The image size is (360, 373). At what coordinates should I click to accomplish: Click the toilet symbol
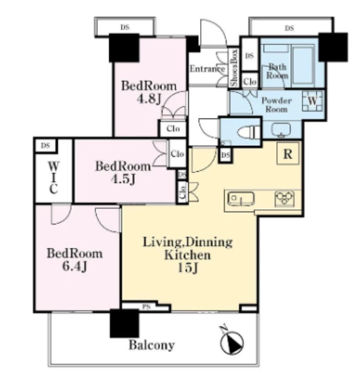[248, 131]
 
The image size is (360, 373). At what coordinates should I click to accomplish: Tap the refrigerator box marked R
[288, 154]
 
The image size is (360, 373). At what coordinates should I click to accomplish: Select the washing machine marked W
[312, 101]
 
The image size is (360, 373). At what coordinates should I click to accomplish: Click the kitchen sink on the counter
[241, 198]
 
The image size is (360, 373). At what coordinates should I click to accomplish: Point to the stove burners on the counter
[284, 198]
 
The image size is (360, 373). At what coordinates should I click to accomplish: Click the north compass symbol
[231, 340]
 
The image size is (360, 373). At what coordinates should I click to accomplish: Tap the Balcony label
[152, 345]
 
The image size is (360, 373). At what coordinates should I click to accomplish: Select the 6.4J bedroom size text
[75, 266]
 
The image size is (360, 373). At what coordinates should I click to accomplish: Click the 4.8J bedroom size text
[149, 98]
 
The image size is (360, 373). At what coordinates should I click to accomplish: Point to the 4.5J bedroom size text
[123, 179]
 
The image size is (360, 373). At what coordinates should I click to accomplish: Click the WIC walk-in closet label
[53, 177]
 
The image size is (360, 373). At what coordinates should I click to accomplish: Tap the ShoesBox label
[234, 68]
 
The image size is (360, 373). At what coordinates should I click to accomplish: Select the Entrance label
[207, 69]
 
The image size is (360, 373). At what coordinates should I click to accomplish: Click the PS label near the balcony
[146, 307]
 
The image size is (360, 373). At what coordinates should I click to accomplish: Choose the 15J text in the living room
[188, 268]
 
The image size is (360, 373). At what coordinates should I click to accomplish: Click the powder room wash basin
[281, 130]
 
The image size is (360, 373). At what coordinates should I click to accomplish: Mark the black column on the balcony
[124, 323]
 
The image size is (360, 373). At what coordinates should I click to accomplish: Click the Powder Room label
[276, 105]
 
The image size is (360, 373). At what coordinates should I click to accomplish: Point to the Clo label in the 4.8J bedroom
[173, 129]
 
